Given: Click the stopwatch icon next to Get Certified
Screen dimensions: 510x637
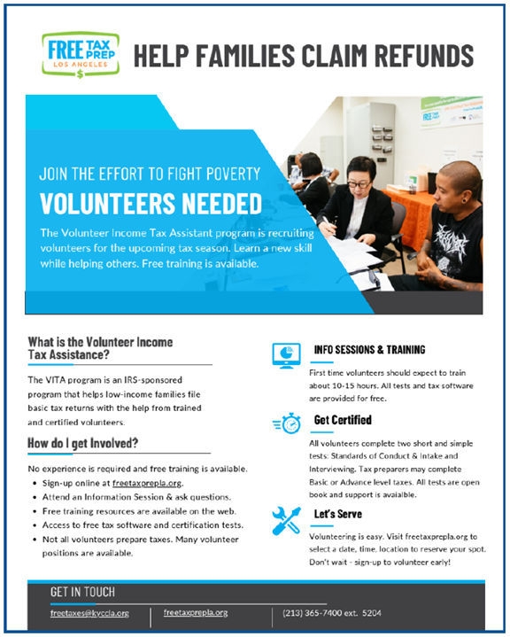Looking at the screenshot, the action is [286, 423].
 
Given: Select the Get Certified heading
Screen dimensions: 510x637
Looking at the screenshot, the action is [343, 420].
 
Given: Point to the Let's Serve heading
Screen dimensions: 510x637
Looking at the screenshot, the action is [337, 514].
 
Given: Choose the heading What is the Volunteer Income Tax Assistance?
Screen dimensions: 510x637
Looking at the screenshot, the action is [100, 347].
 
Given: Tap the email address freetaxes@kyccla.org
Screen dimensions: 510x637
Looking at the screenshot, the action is [89, 612].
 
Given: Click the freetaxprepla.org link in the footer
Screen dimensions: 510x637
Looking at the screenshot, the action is [196, 612].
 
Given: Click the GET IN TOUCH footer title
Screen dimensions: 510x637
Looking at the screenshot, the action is [82, 591].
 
